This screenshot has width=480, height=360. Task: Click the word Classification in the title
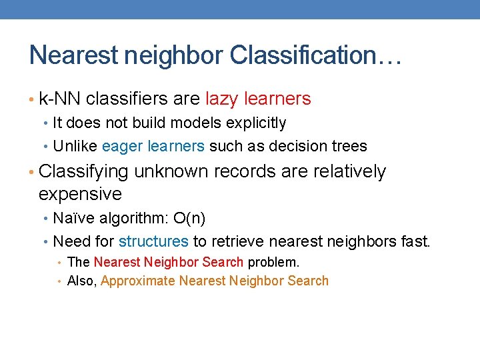coord(313,55)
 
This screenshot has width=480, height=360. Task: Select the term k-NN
coord(60,99)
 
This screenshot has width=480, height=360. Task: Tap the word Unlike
coord(75,146)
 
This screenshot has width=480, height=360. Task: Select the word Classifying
coord(83,172)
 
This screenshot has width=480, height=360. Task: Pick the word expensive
coord(80,195)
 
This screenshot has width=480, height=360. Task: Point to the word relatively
coord(347,172)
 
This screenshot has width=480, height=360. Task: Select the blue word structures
coord(153,241)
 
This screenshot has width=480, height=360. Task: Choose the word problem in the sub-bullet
coord(273,262)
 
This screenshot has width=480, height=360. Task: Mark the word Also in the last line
coord(82,281)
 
